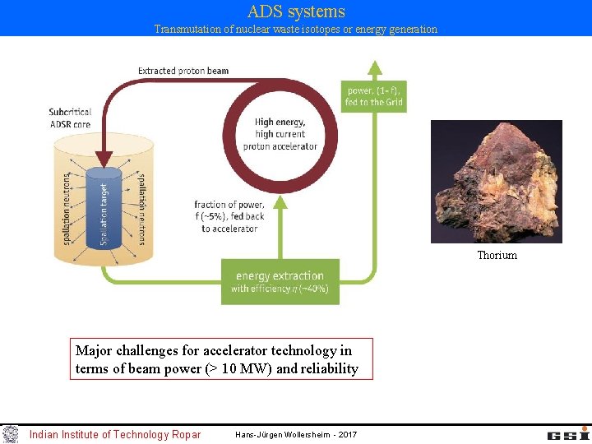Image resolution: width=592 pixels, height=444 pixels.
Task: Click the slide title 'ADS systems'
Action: coord(296,12)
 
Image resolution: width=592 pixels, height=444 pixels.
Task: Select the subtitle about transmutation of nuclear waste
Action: coord(296,30)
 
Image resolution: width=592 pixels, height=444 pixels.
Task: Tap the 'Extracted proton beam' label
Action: coord(183,71)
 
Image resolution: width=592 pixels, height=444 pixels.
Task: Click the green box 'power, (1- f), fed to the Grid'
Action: coord(373,96)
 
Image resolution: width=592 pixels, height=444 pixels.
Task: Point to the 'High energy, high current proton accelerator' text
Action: coord(280,134)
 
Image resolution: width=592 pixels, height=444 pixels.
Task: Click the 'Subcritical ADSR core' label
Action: coord(70,118)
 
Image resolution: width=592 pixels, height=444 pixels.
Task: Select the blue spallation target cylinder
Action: coord(104,210)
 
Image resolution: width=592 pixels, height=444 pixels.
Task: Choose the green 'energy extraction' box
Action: coord(280,282)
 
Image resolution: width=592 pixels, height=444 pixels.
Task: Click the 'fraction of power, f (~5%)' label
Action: coord(229,216)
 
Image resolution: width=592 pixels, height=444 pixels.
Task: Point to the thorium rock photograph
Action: coord(496,182)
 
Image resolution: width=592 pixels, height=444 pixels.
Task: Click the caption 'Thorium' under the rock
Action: coord(497,256)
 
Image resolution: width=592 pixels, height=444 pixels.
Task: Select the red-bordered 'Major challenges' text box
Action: coord(223,359)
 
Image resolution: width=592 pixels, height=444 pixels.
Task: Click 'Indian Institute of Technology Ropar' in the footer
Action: coord(114,434)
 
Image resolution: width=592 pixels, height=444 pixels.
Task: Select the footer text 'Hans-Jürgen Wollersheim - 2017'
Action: coord(296,434)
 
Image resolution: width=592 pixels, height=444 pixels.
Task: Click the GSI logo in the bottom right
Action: coord(567,433)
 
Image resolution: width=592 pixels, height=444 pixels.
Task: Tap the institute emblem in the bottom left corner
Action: coord(10,433)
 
